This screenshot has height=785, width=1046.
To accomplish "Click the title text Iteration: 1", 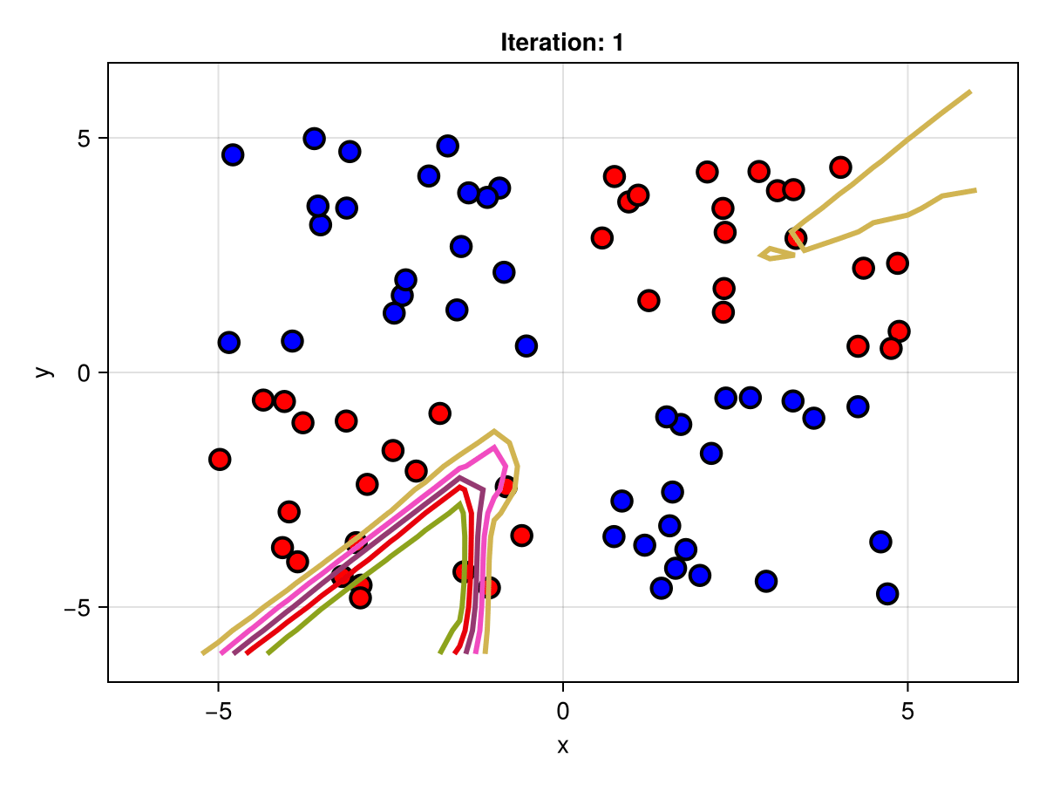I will (562, 42).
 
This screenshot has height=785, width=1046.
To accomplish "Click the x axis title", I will (562, 746).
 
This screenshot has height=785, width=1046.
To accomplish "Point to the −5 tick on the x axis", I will (218, 711).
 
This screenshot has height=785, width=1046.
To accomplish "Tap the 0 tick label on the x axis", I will (562, 711).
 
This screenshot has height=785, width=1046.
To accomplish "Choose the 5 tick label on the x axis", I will (907, 711).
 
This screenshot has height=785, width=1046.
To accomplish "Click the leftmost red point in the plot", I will (220, 459).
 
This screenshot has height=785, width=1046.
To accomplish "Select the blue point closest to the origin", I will (526, 345).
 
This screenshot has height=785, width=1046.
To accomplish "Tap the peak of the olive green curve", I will (460, 503).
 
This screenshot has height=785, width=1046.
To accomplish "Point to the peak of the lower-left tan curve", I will (494, 431).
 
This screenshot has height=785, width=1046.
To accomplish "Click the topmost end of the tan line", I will (970, 91).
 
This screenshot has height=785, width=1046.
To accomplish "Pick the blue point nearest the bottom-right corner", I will (887, 594).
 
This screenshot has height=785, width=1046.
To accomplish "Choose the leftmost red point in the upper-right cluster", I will (601, 237).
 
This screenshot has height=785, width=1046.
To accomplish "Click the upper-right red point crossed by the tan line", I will (794, 237).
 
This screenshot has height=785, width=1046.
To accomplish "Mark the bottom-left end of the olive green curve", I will (268, 652).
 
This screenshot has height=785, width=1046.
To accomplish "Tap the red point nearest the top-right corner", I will (840, 167).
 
